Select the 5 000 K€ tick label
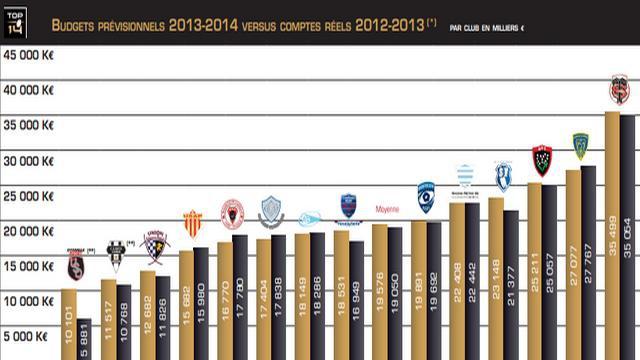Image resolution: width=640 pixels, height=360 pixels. point(31,336)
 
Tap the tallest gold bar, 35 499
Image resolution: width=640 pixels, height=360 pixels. point(612,235)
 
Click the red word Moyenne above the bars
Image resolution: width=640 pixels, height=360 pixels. point(387,210)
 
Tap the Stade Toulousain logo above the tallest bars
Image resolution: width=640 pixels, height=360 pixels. point(620,90)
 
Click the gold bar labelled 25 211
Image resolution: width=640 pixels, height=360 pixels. point(534,271)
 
